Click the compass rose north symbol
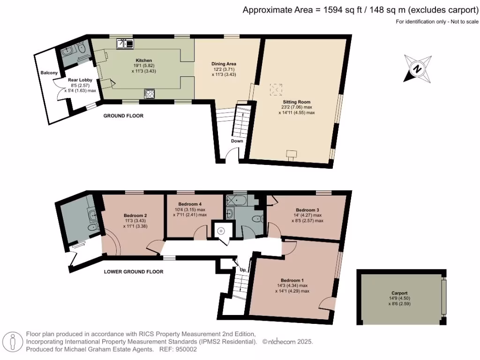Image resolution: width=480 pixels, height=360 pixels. (417, 68)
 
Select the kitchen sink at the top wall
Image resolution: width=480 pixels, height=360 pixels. (125, 44)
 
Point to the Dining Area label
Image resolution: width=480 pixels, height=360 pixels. (224, 63)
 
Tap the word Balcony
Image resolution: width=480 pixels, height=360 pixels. (49, 73)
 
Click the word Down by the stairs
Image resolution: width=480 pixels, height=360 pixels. (237, 141)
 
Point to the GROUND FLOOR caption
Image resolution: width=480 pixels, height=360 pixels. (123, 115)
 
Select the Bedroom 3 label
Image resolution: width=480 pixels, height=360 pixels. (307, 210)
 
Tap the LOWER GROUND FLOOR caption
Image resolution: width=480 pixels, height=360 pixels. (133, 271)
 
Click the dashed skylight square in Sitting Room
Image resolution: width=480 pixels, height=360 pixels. (276, 89)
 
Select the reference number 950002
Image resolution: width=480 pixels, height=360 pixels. (187, 349)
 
